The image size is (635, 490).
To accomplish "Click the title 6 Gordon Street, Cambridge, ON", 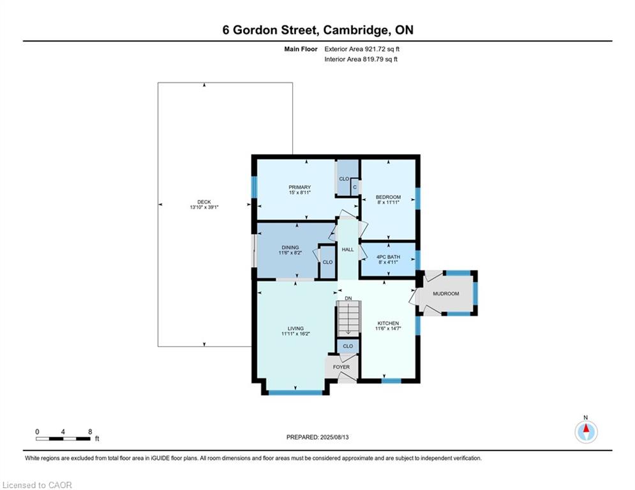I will point(317,30).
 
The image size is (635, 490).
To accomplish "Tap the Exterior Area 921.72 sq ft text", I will point(362,48).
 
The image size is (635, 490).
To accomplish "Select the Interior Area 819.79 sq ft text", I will point(361,59).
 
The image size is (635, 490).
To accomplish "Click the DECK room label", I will point(204,205).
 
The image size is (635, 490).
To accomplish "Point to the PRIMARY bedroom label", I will point(299,190).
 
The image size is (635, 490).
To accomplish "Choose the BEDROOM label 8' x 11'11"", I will point(388,200).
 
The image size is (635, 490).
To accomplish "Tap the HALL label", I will point(347,249).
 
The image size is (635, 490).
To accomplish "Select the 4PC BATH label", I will point(387,260).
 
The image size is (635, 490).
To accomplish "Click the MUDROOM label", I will point(446,293).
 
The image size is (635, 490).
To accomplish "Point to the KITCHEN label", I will point(387,326).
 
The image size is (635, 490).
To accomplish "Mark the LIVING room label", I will point(295,331).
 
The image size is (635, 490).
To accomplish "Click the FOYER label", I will point(341,367).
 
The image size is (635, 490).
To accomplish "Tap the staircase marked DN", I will point(348,317).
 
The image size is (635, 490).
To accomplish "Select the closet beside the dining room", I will point(327,263).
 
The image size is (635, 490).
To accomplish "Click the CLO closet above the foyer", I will point(348,346).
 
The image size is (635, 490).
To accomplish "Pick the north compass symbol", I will point(586,431).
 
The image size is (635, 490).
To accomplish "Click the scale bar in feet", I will point(63,438).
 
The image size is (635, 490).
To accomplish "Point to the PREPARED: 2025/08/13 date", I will point(317,437).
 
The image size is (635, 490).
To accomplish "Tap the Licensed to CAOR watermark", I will point(38,485).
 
